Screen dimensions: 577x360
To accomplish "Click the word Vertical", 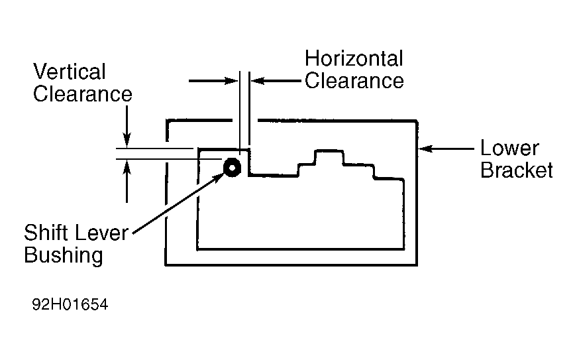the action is (x=70, y=72).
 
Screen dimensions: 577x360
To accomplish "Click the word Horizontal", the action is (x=354, y=59).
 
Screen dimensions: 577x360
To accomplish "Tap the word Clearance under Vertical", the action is (x=83, y=94).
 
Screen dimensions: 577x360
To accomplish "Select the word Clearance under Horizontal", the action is (x=354, y=81).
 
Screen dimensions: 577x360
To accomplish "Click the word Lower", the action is (x=509, y=149).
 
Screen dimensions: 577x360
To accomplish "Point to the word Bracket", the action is (x=517, y=170).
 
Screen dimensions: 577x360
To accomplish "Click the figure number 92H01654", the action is (x=70, y=304).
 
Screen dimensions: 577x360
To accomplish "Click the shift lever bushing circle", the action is (x=233, y=168).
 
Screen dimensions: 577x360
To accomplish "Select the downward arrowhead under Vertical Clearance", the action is (x=127, y=141).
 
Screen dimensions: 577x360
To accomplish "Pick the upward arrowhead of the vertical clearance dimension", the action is (x=127, y=167).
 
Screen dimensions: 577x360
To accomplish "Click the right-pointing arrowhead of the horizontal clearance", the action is (x=232, y=81).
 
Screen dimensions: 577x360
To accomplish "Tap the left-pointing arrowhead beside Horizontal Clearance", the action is (x=258, y=81).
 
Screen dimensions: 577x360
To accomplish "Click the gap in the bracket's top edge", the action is (x=245, y=121).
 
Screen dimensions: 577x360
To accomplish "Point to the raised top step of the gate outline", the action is (x=329, y=150).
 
